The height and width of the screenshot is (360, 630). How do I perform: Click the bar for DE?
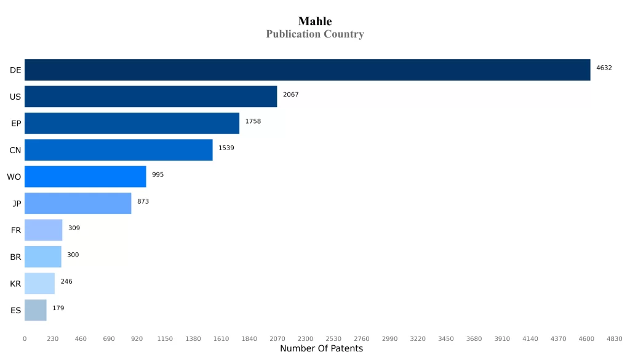point(307,70)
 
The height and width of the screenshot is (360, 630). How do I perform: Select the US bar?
point(151,97)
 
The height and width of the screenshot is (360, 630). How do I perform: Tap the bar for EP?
point(132,123)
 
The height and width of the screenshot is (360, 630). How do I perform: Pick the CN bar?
point(118,150)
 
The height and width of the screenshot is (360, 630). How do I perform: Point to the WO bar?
point(85,177)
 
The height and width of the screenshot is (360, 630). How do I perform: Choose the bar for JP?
point(78,203)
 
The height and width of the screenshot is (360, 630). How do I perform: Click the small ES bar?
point(35,310)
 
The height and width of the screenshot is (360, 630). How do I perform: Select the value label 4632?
point(604,68)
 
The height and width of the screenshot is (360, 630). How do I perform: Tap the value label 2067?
point(290,94)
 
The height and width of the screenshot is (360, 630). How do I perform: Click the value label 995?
point(158,175)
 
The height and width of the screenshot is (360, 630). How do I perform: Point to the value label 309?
point(74,228)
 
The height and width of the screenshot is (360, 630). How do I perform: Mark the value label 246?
point(66,281)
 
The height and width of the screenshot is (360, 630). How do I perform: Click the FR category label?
point(16,230)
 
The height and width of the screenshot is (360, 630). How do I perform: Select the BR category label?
point(15,257)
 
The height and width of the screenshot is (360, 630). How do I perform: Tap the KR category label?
point(15,284)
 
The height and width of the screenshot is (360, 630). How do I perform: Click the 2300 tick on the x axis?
point(305,339)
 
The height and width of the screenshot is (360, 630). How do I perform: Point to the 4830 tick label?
point(614,339)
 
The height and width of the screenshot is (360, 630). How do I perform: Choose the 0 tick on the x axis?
point(25,339)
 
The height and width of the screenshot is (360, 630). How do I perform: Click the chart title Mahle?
point(315,22)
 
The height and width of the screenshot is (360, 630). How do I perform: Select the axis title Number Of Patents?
point(321,349)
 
